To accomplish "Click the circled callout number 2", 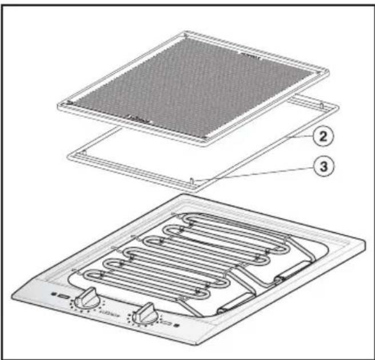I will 324,137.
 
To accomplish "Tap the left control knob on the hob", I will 86,297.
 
